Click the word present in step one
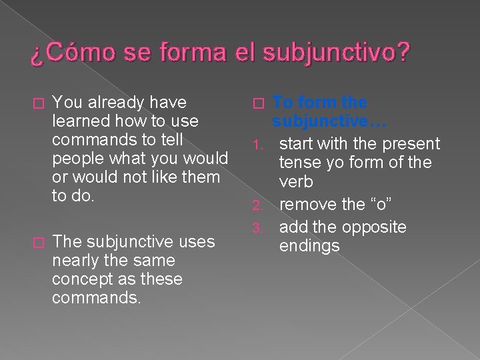pyautogui.click(x=409, y=143)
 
